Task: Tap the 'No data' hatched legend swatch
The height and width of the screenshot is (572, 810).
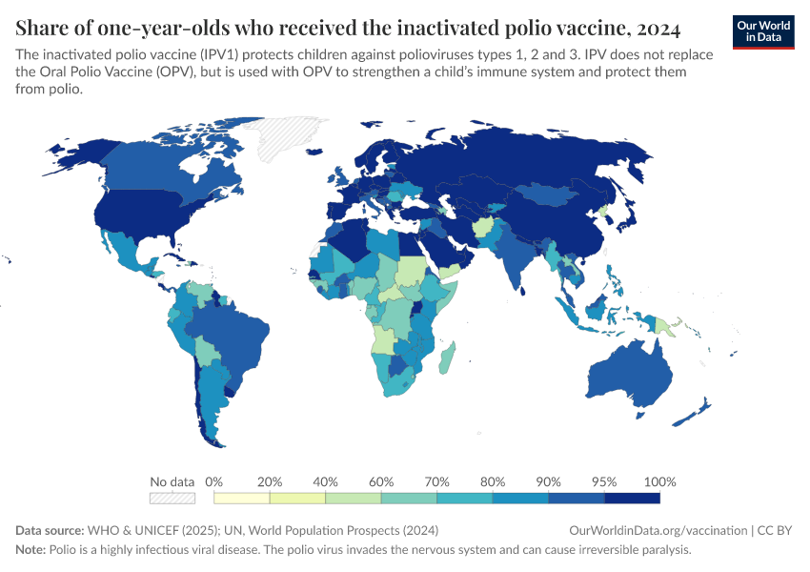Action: [172, 498]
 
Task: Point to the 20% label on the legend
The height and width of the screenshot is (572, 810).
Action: [270, 481]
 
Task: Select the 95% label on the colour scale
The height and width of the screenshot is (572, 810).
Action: [604, 481]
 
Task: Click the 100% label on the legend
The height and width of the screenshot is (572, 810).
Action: [659, 481]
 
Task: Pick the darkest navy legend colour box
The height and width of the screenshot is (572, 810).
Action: [632, 498]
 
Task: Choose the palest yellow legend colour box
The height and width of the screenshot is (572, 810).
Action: [242, 498]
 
